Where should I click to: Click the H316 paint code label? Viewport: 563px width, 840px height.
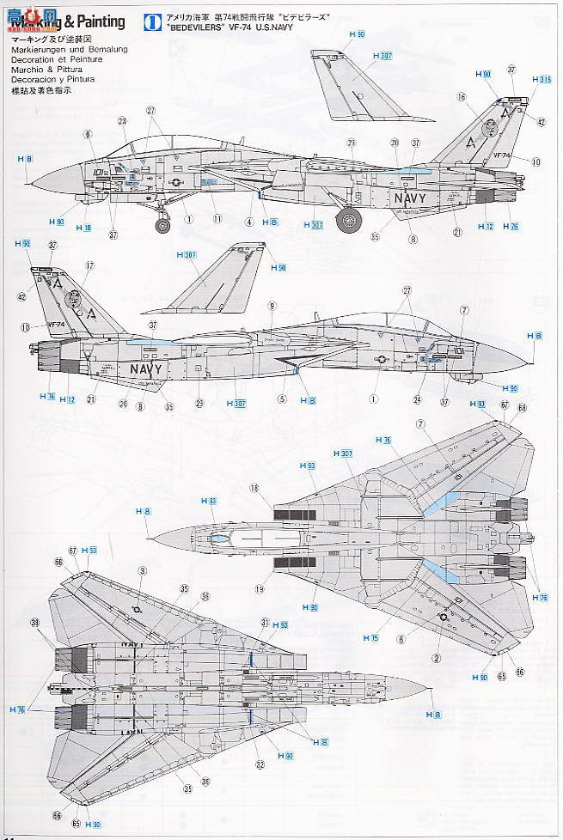(541, 80)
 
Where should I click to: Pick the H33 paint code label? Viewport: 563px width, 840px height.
(184, 501)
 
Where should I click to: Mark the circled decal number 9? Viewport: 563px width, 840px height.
(271, 305)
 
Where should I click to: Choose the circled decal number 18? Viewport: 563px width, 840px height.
(254, 488)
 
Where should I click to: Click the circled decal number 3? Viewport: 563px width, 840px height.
(141, 571)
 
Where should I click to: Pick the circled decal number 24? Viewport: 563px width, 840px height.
(417, 398)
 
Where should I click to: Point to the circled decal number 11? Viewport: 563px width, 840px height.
(217, 219)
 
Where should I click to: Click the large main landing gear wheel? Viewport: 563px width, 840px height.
(348, 220)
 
